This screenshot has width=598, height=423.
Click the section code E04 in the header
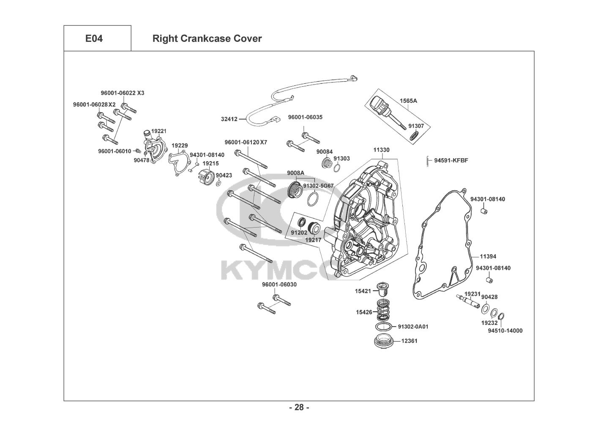[x=94, y=38]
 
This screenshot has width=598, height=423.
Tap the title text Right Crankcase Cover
[x=207, y=38]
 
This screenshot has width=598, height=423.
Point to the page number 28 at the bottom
[x=299, y=407]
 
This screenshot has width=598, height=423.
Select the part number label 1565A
[x=408, y=101]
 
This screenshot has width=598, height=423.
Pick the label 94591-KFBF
[x=451, y=160]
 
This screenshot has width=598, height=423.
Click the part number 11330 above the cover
[x=381, y=150]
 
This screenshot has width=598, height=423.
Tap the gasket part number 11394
[x=488, y=256]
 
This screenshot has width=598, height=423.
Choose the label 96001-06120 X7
[x=246, y=143]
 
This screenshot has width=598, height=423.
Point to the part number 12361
[x=409, y=341]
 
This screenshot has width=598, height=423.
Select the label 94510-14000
[x=505, y=330]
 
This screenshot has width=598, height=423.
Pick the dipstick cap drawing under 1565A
[x=377, y=103]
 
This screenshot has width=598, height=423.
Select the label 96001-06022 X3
[x=122, y=93]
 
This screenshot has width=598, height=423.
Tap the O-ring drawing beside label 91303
[x=337, y=169]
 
